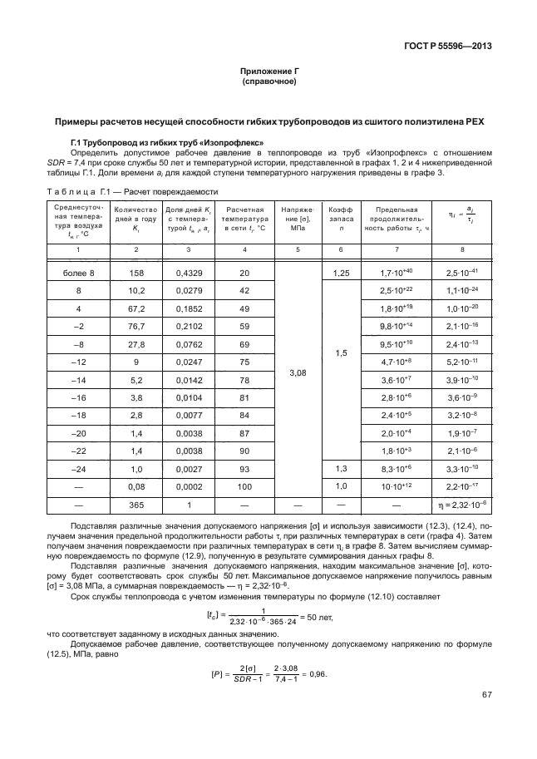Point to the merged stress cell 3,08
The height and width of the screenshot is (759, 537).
pyautogui.click(x=297, y=374)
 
